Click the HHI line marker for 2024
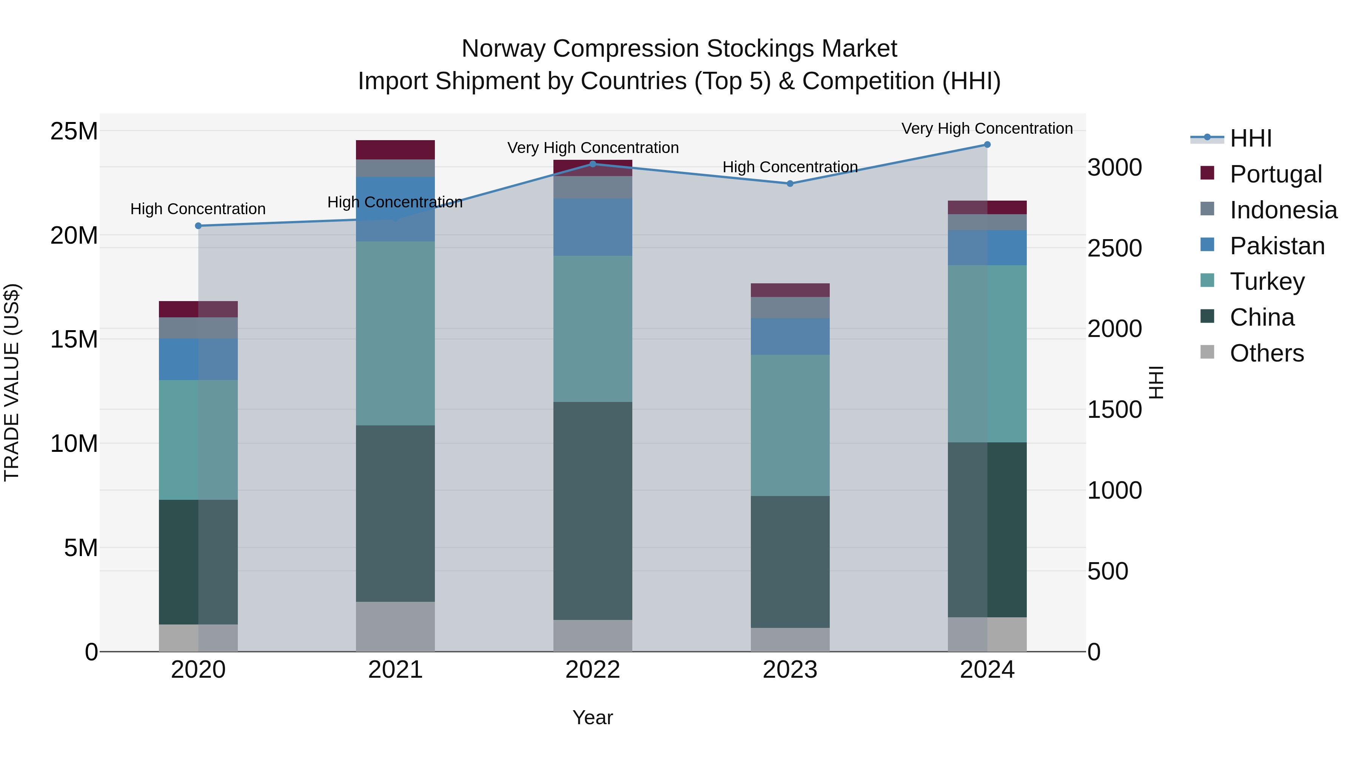[x=987, y=145]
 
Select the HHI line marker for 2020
[x=198, y=226]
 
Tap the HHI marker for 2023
[x=790, y=184]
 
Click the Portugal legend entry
[x=1275, y=174]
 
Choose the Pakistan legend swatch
[x=1207, y=245]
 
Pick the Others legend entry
[x=1266, y=353]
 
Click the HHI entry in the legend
[x=1250, y=138]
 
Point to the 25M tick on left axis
[x=74, y=131]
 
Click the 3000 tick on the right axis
[x=1114, y=168]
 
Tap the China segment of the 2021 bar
[x=395, y=513]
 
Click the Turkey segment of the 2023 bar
[x=790, y=425]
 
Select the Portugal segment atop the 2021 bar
[x=395, y=150]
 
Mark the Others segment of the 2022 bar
[x=592, y=636]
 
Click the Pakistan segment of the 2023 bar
[x=790, y=336]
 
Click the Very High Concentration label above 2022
[x=592, y=148]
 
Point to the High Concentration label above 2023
[x=790, y=167]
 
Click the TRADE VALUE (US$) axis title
[x=12, y=382]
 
